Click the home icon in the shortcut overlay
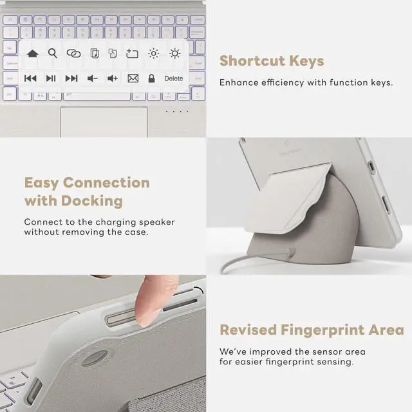(32, 54)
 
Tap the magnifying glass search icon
(53, 53)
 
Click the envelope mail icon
(133, 79)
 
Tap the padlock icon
(151, 79)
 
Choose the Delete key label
(174, 79)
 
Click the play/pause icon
(51, 79)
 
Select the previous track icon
(30, 79)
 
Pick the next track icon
(71, 79)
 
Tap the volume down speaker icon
(93, 79)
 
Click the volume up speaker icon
(113, 79)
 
